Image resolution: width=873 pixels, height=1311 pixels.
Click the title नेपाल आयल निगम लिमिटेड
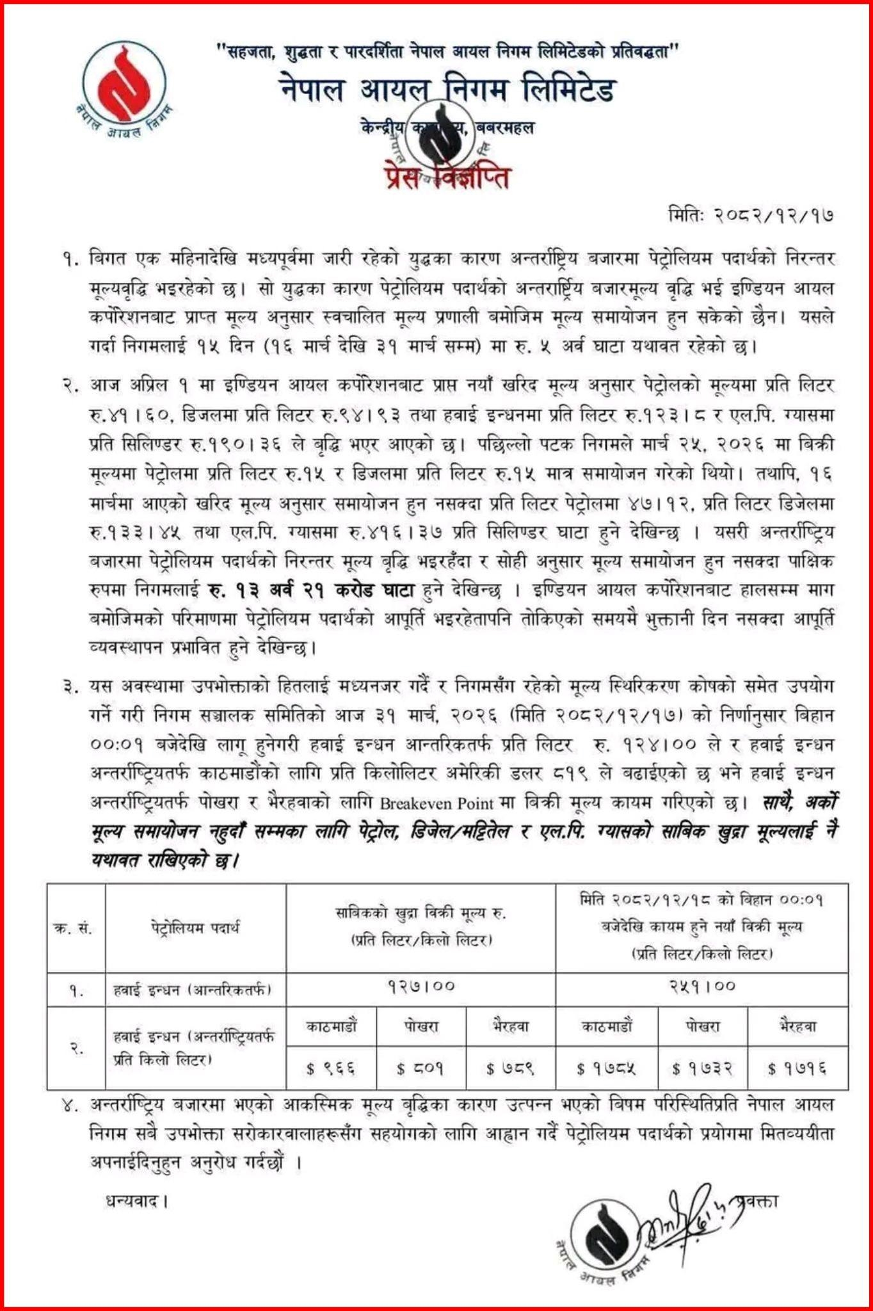(447, 90)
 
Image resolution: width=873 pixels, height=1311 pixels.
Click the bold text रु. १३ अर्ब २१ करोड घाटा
(312, 590)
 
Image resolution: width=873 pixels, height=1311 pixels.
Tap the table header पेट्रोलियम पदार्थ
(195, 928)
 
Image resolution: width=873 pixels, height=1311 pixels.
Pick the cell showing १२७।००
(420, 986)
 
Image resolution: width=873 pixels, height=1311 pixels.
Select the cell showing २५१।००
(702, 986)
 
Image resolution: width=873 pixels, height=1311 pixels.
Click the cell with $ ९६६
(331, 1068)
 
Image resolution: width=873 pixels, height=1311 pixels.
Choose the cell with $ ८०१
(420, 1068)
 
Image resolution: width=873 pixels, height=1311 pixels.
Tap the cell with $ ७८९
(510, 1068)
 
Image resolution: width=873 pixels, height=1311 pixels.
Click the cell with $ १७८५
(605, 1068)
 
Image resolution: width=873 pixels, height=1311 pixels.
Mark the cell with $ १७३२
(702, 1068)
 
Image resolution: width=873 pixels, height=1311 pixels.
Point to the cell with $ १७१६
(797, 1068)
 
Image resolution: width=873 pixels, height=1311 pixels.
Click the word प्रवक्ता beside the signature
(756, 1202)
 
